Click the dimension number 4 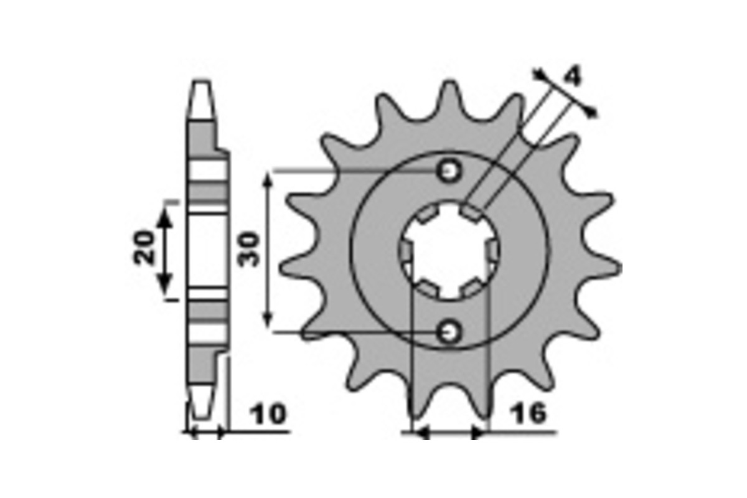[x=572, y=75]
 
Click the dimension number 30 [x=249, y=250]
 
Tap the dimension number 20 [x=144, y=248]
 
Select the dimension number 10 [x=268, y=415]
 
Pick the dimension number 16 [x=529, y=413]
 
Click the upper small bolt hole [x=449, y=172]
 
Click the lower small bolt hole [x=449, y=332]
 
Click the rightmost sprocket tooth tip [x=619, y=268]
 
